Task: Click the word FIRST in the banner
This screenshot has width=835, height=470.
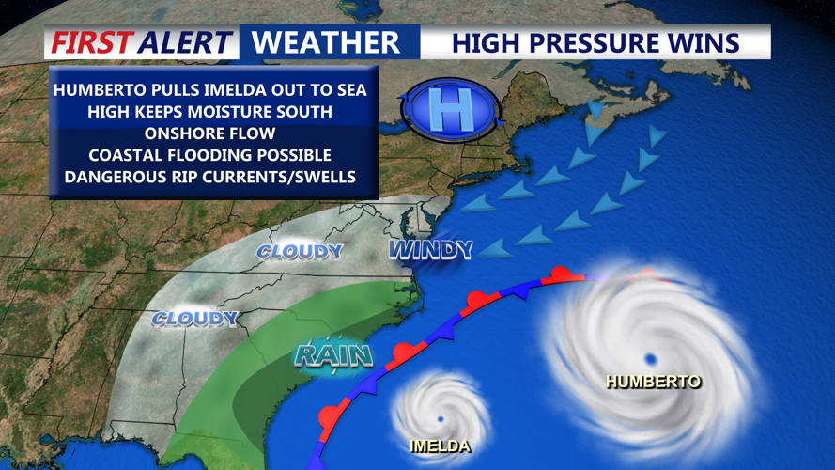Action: [x=94, y=42]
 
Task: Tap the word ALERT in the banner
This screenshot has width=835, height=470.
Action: [x=184, y=42]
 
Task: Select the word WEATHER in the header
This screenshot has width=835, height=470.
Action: [x=326, y=42]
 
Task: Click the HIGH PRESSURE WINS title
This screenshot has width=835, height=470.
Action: [x=595, y=42]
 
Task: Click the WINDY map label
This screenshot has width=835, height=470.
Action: [x=431, y=249]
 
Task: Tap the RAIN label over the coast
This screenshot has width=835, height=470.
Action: [x=334, y=355]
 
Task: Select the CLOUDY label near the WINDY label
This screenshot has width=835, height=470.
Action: [x=300, y=252]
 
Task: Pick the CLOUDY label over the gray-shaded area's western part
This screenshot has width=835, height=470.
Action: [x=194, y=319]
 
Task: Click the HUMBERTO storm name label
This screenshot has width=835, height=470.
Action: [x=654, y=382]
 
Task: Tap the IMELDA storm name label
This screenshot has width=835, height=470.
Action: [x=440, y=446]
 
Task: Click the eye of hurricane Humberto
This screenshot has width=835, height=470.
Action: [x=650, y=358]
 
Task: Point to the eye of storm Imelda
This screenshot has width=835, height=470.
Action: [x=440, y=418]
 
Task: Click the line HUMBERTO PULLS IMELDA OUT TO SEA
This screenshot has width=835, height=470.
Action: [x=210, y=90]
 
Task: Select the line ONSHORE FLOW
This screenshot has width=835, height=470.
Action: [x=210, y=133]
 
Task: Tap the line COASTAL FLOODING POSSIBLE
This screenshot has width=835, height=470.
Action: [x=210, y=155]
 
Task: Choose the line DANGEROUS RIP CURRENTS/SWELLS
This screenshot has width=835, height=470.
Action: [x=210, y=177]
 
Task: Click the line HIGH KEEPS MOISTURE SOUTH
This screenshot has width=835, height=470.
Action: [x=210, y=112]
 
